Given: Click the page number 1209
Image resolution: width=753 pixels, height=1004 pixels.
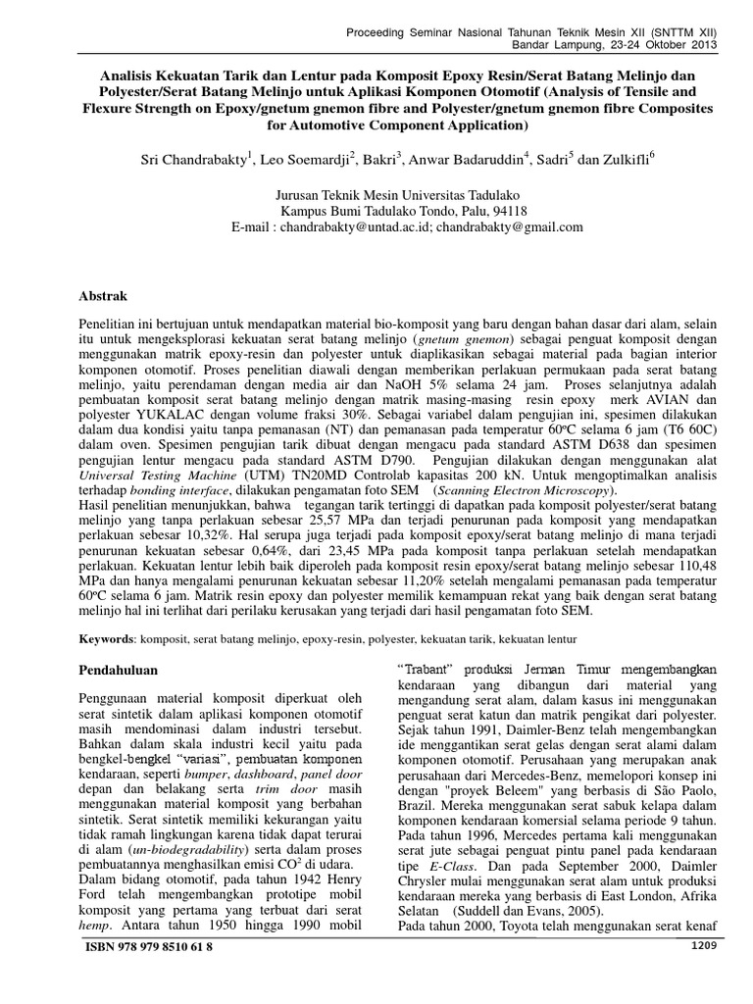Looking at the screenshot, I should point(705,946).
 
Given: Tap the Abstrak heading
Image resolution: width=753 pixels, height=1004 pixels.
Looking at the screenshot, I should point(104,294).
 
